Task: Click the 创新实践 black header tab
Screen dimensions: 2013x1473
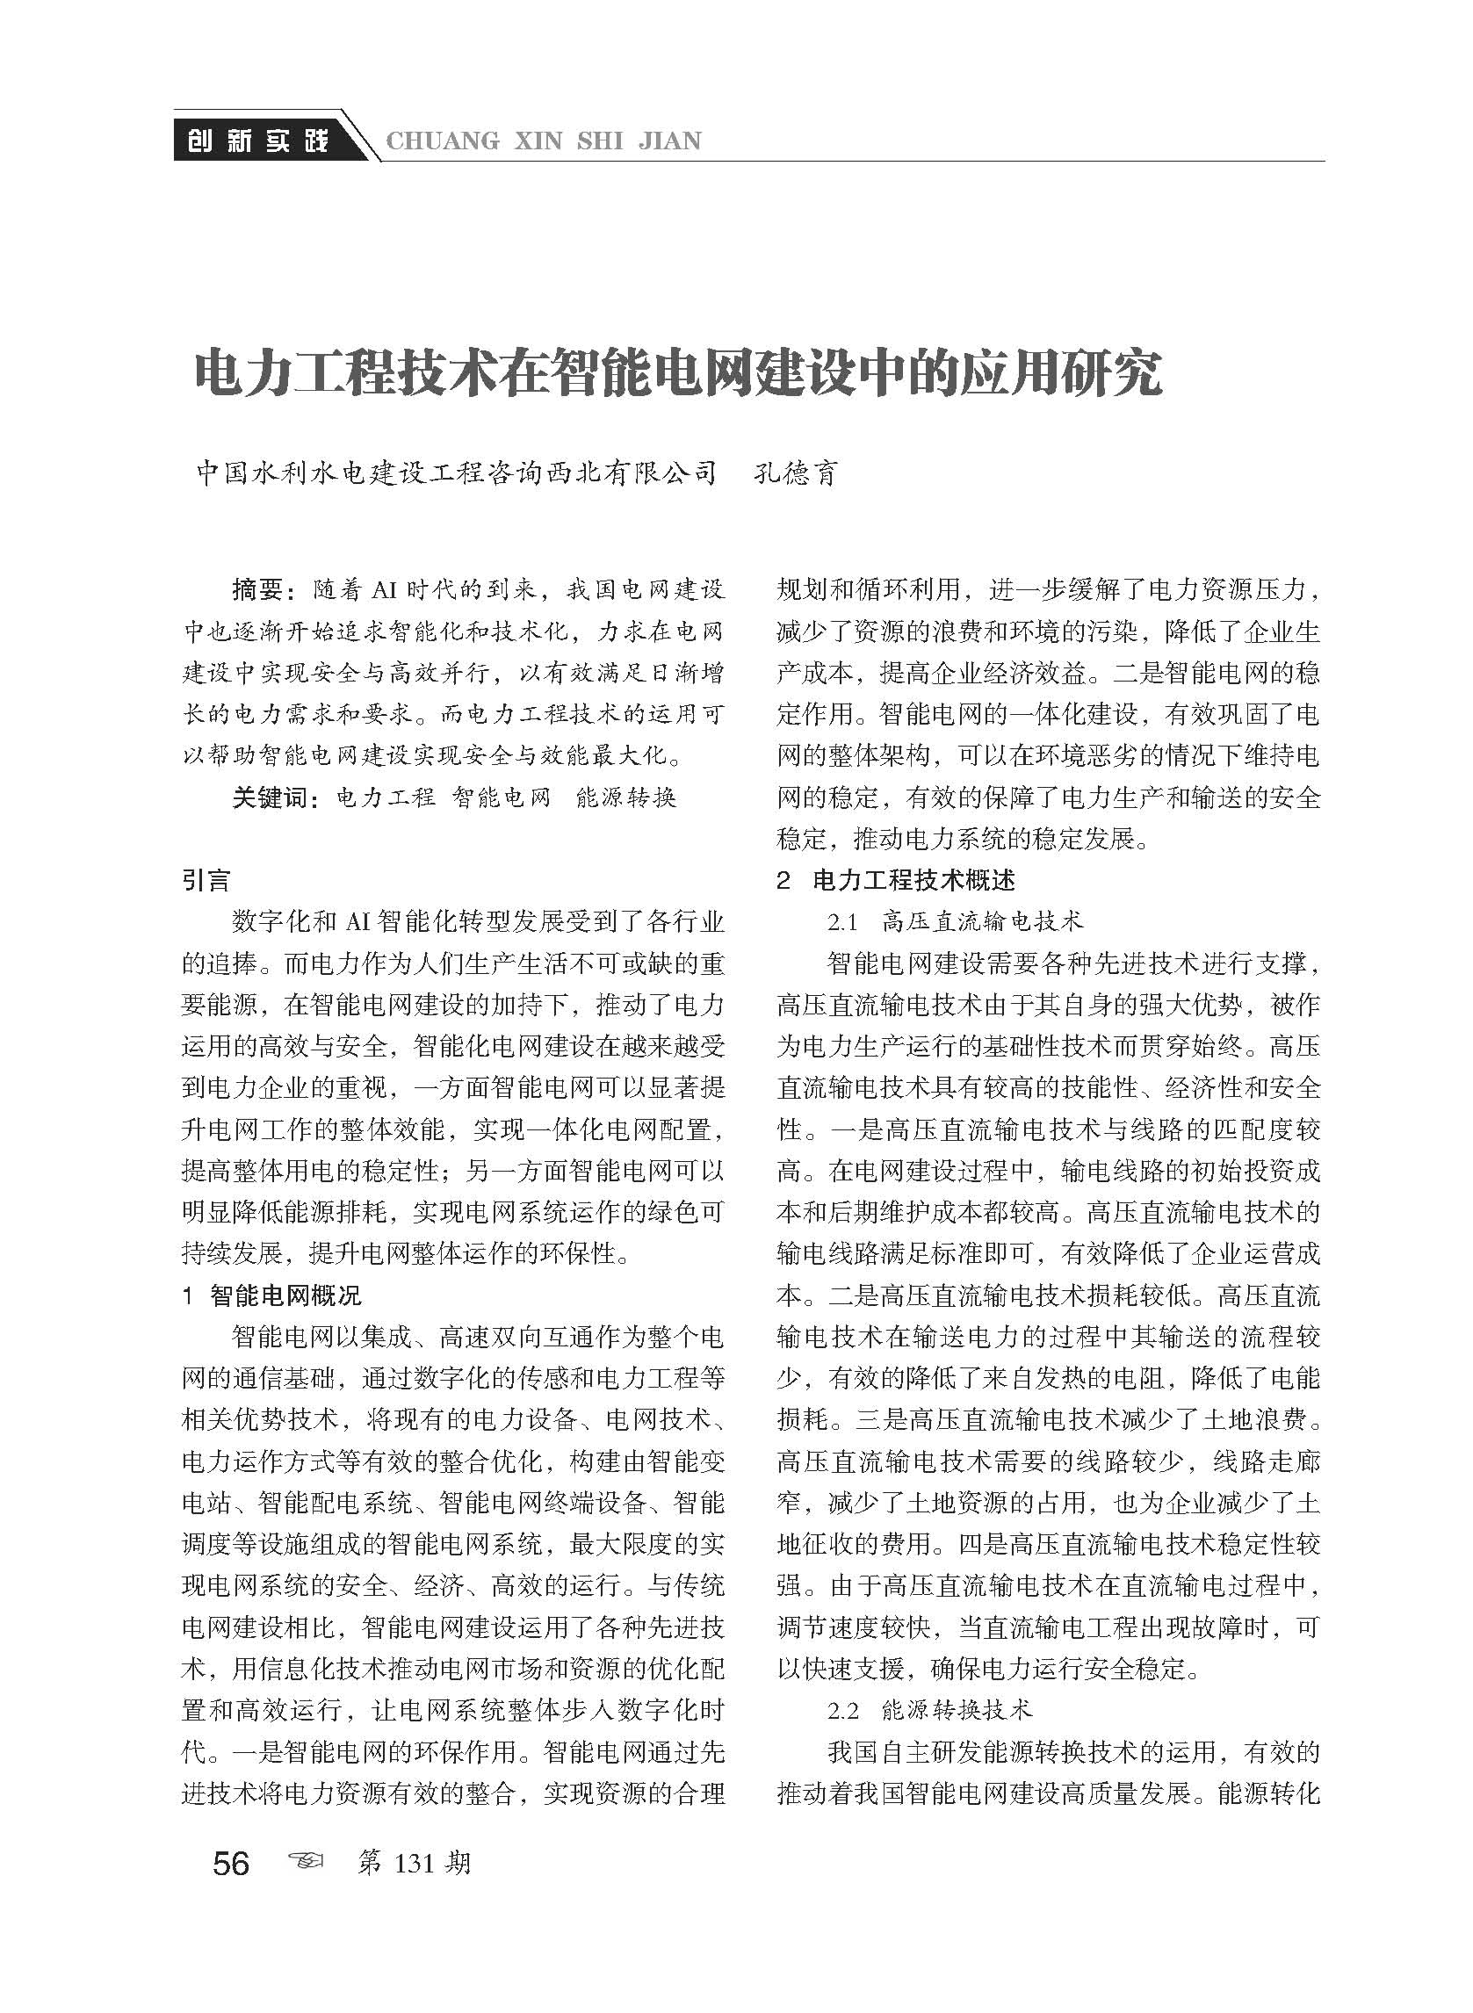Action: pos(256,140)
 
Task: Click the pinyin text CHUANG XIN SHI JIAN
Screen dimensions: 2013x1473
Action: pos(543,141)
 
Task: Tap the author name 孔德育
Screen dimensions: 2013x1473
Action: pos(797,473)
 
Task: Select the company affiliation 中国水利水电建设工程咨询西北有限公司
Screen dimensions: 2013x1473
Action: pos(457,473)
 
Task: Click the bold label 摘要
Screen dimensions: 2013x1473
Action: pos(257,589)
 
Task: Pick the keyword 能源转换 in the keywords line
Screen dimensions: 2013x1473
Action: pos(626,797)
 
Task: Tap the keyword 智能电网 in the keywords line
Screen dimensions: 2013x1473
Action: pos(502,797)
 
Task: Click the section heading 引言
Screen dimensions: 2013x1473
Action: pos(206,881)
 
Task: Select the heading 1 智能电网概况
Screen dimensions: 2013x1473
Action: pos(271,1295)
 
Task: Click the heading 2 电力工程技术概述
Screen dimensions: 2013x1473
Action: pos(895,881)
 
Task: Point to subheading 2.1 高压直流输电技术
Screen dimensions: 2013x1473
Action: pos(955,921)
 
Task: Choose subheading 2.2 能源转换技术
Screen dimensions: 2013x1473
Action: pos(930,1710)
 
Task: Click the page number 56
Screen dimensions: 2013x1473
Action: pos(231,1838)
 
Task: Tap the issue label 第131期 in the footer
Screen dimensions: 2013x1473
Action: pos(413,1838)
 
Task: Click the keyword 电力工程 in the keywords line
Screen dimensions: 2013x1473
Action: pos(386,797)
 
